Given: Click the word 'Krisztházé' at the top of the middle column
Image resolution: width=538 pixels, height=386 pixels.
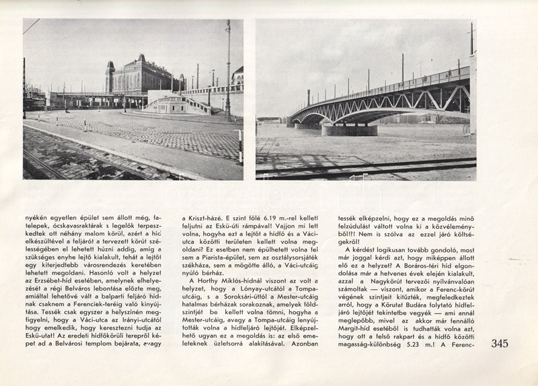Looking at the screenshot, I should pyautogui.click(x=202, y=218).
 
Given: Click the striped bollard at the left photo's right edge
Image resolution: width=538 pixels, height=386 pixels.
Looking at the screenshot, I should pyautogui.click(x=240, y=146).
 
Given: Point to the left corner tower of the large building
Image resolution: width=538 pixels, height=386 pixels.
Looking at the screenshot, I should pyautogui.click(x=110, y=77).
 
